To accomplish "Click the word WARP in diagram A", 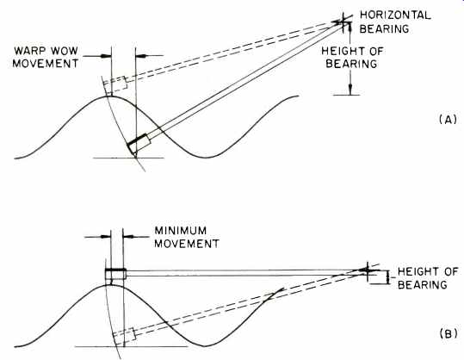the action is coord(28,51).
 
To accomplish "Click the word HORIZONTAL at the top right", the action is coord(395,16).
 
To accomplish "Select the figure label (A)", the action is coord(449,120).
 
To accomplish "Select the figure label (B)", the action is coord(449,333).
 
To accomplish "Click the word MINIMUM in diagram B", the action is coord(181,230).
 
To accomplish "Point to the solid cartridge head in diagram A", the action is coord(139,144).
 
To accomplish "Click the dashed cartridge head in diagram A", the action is coord(115,84).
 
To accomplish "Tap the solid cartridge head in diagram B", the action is coord(115,274).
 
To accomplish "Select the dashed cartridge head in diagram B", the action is coord(124,336).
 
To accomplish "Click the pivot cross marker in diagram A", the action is coord(343,22).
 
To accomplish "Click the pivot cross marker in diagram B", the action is coord(367,270).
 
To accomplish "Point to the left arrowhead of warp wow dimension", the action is coord(106,56).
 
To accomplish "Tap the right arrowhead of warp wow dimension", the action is coord(141,56).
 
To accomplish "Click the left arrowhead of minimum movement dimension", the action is coord(105,237).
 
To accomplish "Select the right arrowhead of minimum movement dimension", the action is coord(127,237).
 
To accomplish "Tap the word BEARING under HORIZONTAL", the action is coord(384,28).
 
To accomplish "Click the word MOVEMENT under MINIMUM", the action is coord(187,244).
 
